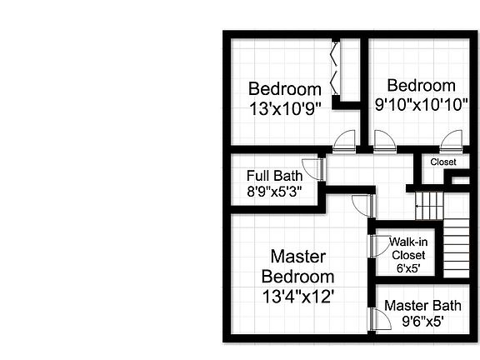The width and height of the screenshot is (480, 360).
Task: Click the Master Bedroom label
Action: (x=297, y=266)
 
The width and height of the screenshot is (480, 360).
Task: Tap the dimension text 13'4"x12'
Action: (x=297, y=295)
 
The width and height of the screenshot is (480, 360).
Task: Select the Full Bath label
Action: (x=274, y=176)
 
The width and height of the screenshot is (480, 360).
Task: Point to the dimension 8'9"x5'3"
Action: (x=274, y=190)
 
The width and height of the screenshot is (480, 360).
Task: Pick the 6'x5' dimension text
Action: (x=408, y=268)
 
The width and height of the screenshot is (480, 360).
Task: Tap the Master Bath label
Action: (x=422, y=306)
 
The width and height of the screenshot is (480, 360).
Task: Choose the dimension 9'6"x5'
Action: (x=422, y=320)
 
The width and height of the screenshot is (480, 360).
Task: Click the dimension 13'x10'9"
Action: (x=285, y=107)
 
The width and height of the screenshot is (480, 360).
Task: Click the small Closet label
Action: (x=443, y=162)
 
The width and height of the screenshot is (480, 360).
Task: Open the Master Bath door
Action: (x=372, y=320)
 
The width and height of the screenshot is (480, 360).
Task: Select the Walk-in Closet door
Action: (x=372, y=244)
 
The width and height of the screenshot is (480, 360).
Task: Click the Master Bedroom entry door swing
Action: (x=362, y=205)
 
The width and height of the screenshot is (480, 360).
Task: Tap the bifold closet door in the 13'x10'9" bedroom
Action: (x=335, y=71)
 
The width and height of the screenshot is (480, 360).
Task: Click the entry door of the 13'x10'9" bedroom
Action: (x=343, y=142)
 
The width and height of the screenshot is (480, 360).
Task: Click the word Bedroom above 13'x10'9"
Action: (x=285, y=89)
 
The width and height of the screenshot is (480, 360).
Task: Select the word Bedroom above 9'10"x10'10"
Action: (x=421, y=86)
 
